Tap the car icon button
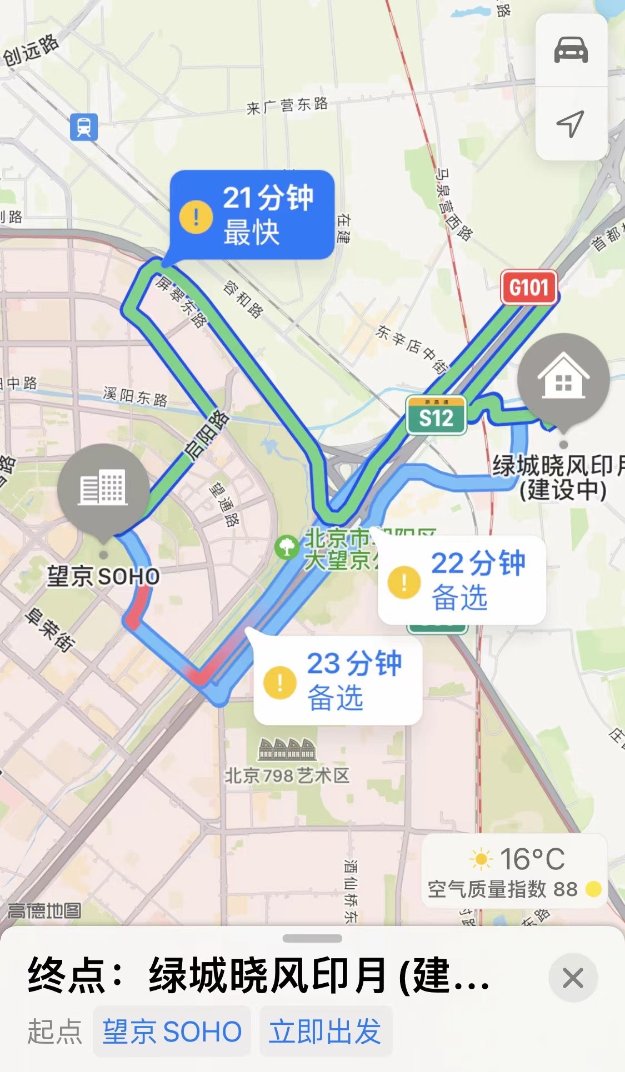pyautogui.click(x=571, y=50)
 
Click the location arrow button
pyautogui.click(x=571, y=123)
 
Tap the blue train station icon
pyautogui.click(x=84, y=127)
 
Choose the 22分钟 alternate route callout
pyautogui.click(x=462, y=580)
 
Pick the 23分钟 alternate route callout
pyautogui.click(x=338, y=680)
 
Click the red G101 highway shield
pyautogui.click(x=528, y=288)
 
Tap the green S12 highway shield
pyautogui.click(x=436, y=415)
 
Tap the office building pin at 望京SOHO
pyautogui.click(x=103, y=489)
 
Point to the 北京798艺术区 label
pyautogui.click(x=287, y=776)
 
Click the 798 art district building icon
pyautogui.click(x=287, y=749)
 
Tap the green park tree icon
pyautogui.click(x=287, y=547)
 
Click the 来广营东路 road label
pyautogui.click(x=287, y=105)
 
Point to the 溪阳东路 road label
pyautogui.click(x=135, y=397)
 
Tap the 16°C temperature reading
pyautogui.click(x=532, y=859)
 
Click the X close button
pyautogui.click(x=573, y=978)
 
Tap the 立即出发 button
pyautogui.click(x=325, y=1031)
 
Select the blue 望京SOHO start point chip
pyautogui.click(x=172, y=1031)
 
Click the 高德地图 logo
pyautogui.click(x=44, y=910)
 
